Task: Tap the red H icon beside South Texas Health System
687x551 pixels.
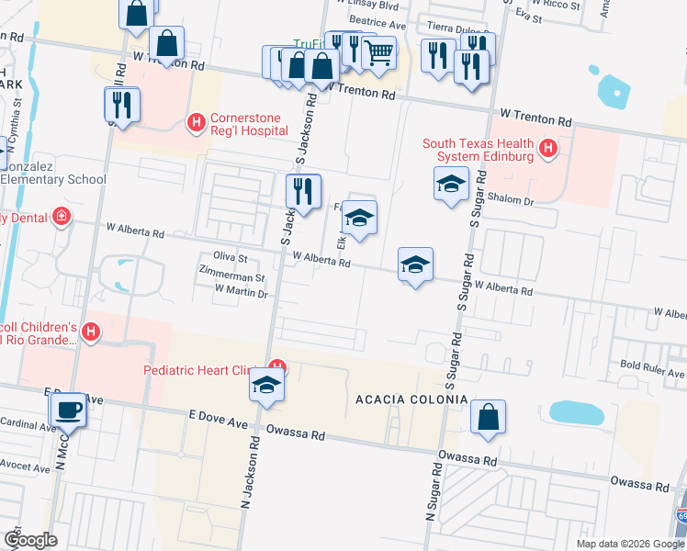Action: point(548,147)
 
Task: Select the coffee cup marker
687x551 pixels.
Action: point(67,410)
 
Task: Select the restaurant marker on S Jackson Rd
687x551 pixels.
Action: point(303,191)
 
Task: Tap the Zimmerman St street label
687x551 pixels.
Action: point(232,276)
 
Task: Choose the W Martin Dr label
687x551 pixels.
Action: point(241,293)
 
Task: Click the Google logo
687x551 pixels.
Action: point(29,540)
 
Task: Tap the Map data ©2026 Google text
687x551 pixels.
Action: point(628,544)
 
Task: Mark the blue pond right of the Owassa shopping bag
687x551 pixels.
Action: point(577,413)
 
